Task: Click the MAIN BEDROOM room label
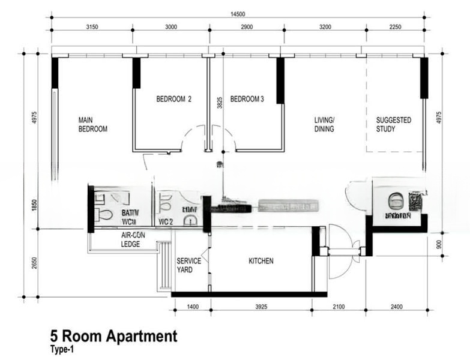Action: (x=92, y=124)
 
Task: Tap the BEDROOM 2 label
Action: (x=173, y=99)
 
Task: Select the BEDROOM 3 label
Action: (x=247, y=99)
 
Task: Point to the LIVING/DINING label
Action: (x=324, y=124)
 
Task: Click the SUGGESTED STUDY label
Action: (x=394, y=124)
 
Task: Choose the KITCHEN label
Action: (x=261, y=261)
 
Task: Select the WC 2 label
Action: (x=166, y=221)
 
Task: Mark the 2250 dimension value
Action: (x=396, y=27)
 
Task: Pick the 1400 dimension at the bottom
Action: (x=193, y=307)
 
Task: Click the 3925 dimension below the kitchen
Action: (x=261, y=307)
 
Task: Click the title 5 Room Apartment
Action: (x=113, y=336)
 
